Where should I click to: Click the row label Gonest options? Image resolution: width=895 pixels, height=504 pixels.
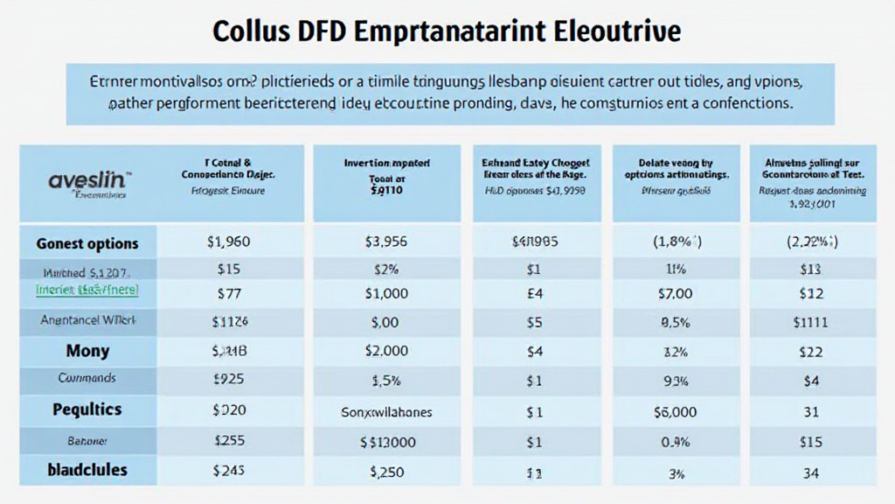(87, 243)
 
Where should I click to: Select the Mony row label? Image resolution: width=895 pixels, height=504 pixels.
(87, 351)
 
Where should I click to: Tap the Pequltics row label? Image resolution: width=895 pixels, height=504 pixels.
(87, 409)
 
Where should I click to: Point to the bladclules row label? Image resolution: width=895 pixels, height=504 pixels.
(87, 470)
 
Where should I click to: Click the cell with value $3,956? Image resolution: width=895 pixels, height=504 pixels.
(386, 243)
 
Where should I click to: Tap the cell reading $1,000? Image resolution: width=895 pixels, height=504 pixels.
(386, 294)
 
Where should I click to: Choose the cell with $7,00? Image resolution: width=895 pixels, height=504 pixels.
(674, 294)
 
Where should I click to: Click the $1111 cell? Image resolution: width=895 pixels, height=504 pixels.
(810, 322)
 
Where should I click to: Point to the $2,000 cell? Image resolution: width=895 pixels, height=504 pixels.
(386, 351)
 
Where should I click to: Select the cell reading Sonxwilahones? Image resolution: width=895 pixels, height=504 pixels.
(386, 411)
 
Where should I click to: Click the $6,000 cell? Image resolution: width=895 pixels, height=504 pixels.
(674, 411)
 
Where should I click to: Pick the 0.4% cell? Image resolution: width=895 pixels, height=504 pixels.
(674, 442)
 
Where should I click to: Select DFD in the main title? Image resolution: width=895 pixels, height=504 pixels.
(326, 31)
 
